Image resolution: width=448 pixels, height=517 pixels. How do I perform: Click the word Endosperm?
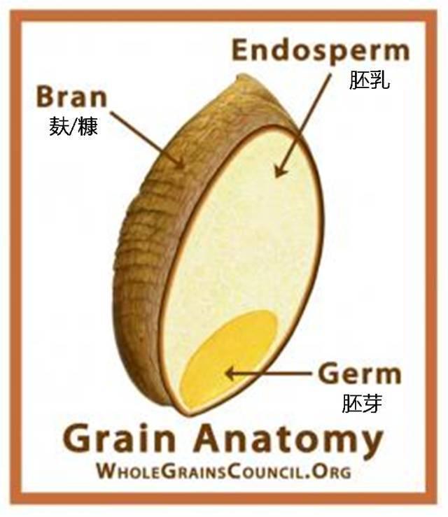(x=321, y=51)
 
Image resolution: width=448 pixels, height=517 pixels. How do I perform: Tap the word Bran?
(x=71, y=97)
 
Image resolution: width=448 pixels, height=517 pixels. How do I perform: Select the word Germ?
(x=360, y=374)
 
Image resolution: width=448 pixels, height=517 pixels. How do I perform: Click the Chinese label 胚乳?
(x=370, y=80)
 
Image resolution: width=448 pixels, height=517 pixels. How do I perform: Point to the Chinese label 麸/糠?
(x=73, y=127)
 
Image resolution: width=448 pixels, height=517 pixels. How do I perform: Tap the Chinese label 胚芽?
(x=362, y=403)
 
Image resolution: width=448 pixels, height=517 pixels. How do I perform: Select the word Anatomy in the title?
(x=288, y=441)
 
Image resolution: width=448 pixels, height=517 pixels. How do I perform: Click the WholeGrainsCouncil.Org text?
(x=224, y=471)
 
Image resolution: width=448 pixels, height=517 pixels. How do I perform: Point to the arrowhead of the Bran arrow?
(x=180, y=163)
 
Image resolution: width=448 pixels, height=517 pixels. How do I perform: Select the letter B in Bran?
(x=45, y=97)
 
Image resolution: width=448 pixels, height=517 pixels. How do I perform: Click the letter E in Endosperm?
(x=241, y=50)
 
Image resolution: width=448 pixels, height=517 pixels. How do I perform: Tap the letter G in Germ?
(x=329, y=374)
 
